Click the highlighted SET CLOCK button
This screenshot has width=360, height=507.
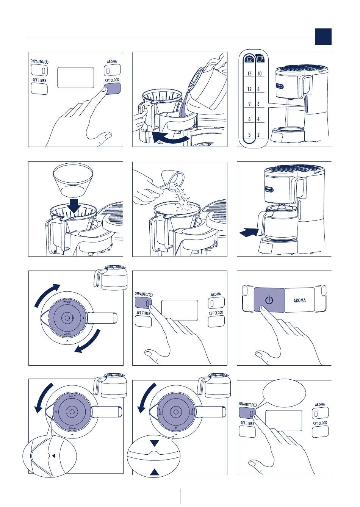point(112,88)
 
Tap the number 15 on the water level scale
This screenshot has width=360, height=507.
point(249,74)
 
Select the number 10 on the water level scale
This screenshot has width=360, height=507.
point(259,74)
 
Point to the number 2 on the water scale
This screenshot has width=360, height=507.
point(258,135)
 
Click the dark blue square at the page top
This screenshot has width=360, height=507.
point(323,37)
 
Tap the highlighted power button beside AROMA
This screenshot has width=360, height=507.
point(269,300)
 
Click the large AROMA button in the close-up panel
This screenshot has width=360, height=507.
point(300,300)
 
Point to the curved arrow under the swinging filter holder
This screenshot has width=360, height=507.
point(170,138)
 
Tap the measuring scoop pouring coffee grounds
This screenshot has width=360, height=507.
point(172,178)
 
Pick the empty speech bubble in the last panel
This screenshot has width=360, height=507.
point(284,393)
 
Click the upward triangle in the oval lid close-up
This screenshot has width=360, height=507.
point(154,472)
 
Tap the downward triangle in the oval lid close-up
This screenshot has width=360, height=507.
point(154,443)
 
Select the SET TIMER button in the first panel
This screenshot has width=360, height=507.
point(39,89)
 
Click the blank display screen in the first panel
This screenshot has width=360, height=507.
point(75,78)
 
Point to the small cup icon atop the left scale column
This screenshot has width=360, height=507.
point(249,59)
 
